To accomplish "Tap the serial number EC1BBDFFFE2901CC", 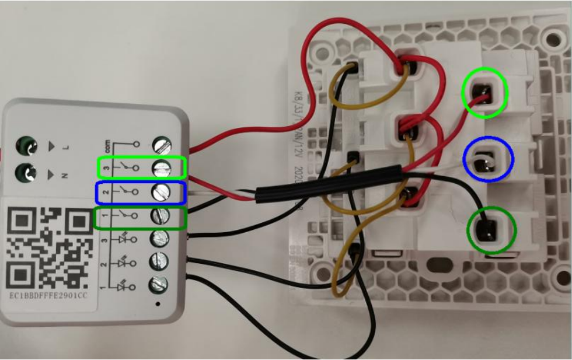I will pyautogui.click(x=50, y=296).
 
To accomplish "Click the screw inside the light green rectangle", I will pyautogui.click(x=161, y=168).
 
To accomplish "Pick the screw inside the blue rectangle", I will pyautogui.click(x=161, y=191).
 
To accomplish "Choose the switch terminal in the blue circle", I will pyautogui.click(x=483, y=158).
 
